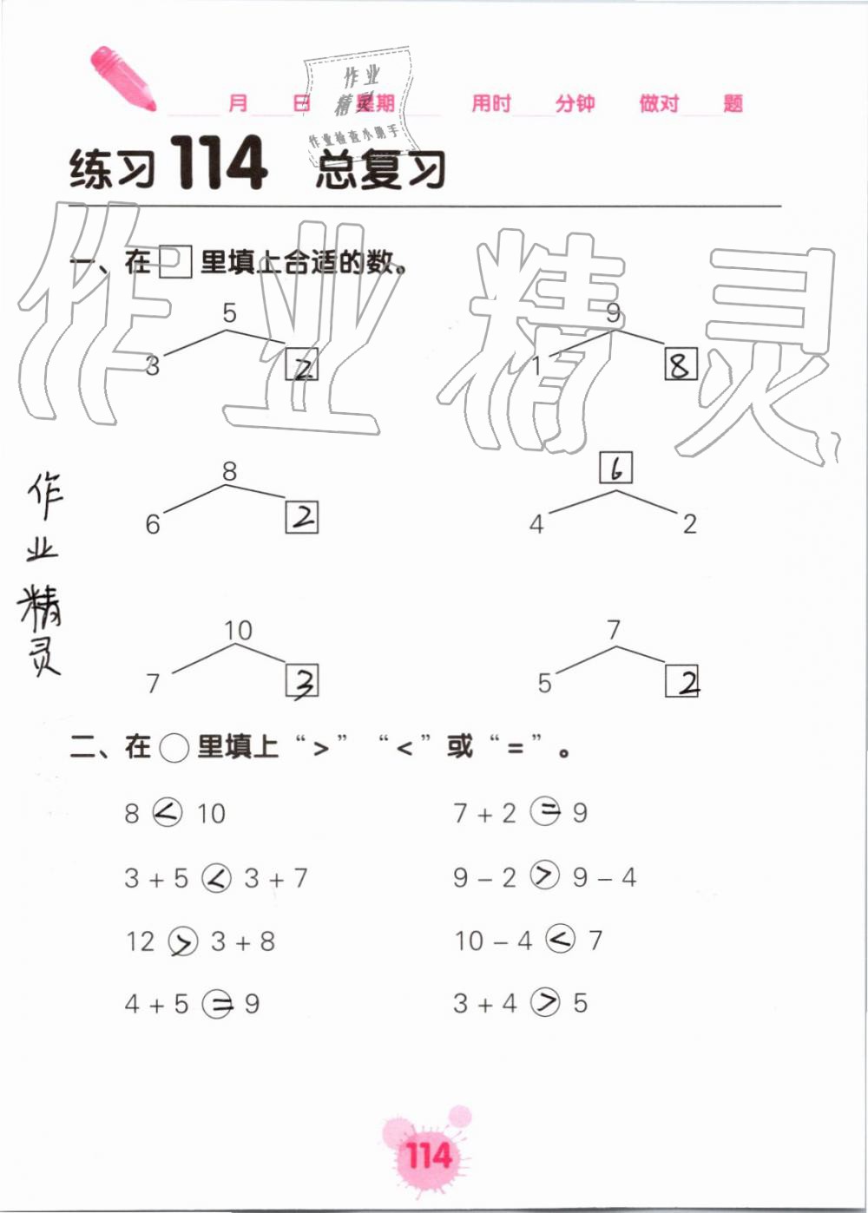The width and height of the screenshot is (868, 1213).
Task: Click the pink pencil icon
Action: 122,78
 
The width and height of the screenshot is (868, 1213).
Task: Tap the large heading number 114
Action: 218,164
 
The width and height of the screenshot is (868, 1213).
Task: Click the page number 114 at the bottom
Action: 428,1157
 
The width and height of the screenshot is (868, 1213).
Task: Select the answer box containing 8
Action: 681,364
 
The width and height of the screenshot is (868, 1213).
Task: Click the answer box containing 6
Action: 616,469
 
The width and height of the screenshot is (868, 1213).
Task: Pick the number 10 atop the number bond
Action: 238,630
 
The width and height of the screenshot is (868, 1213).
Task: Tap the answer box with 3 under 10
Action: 302,680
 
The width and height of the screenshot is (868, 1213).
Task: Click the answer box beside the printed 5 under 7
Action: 682,680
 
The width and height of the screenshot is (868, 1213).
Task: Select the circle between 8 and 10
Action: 168,813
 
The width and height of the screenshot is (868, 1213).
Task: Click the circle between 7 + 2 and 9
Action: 546,812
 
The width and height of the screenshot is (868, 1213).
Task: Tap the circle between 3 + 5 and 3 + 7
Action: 216,878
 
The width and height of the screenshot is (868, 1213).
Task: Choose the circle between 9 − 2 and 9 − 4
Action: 545,876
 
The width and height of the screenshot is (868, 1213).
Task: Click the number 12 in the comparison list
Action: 140,941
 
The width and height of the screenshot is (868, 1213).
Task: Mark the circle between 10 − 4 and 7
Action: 562,939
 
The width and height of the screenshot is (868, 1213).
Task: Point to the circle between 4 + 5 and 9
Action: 217,1005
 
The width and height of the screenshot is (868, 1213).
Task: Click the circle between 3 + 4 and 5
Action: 546,1003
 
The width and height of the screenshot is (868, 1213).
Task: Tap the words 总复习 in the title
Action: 380,168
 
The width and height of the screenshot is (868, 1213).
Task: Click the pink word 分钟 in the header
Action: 575,104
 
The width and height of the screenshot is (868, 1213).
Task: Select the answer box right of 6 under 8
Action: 302,518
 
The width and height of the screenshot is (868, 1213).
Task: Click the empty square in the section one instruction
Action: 175,262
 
